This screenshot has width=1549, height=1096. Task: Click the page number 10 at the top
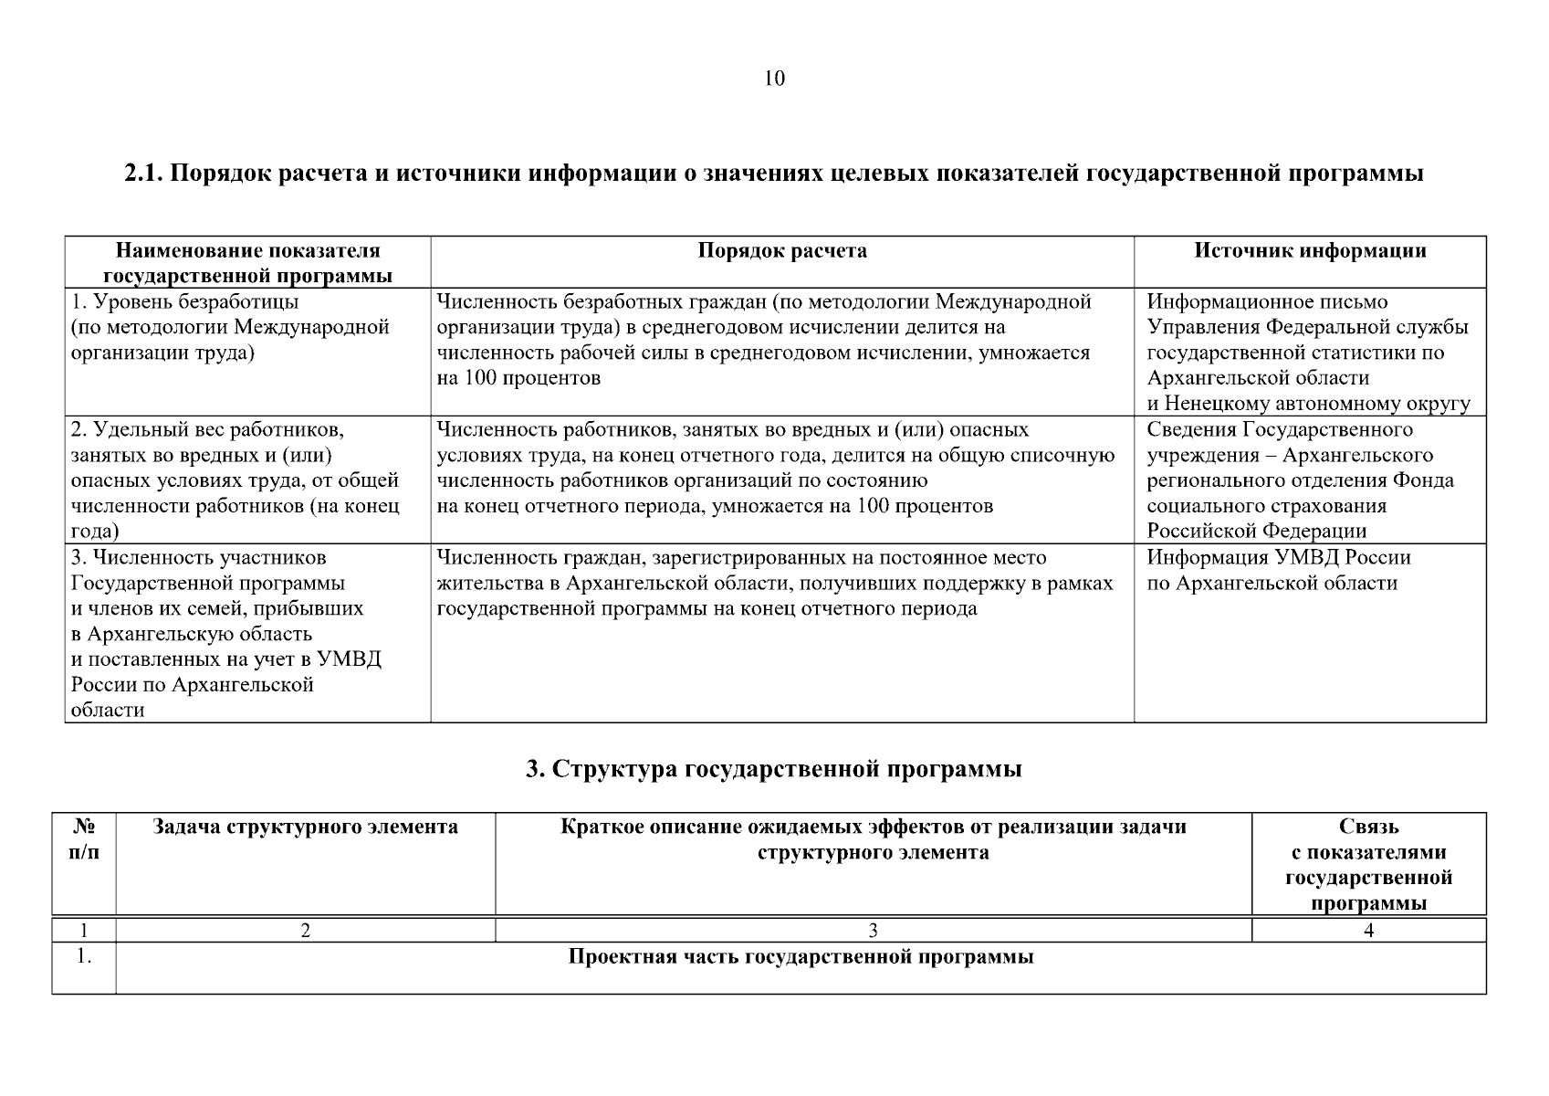(773, 79)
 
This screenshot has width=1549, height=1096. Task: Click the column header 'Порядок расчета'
(781, 251)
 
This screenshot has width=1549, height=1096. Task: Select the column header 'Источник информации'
(1310, 251)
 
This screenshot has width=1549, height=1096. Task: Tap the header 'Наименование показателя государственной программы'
(247, 263)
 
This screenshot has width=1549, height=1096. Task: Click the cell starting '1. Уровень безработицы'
(230, 327)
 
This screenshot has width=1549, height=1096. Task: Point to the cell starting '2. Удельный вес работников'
(235, 479)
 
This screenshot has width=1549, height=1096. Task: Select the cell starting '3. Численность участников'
(225, 633)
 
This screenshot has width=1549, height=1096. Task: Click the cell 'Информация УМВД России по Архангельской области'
(1278, 570)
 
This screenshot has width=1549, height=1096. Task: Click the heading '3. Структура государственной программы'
(773, 769)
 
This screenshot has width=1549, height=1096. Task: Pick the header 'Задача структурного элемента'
(305, 827)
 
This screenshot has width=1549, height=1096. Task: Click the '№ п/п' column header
(84, 838)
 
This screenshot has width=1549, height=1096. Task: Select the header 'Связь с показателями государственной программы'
(1368, 864)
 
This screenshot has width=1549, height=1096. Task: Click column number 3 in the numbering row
(873, 931)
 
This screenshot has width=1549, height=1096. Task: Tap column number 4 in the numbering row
(1368, 931)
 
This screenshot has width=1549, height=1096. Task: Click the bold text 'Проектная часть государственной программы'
(801, 957)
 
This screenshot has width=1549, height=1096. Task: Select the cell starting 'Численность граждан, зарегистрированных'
(774, 583)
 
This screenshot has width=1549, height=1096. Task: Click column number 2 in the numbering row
(305, 931)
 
